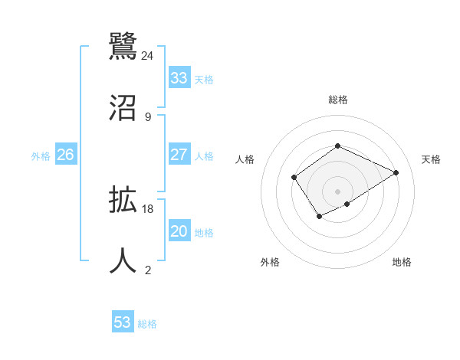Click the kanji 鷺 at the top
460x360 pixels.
123,46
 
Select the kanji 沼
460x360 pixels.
123,107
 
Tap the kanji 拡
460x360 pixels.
123,201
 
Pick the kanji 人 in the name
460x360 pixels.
123,260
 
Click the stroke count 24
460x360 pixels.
148,55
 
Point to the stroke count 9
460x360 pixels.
148,116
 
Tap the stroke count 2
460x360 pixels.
148,270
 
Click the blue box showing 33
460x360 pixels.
179,78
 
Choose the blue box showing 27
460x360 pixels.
179,155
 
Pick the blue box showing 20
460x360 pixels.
179,231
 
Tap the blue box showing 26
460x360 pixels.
66,155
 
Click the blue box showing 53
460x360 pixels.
123,322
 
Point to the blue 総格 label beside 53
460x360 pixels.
147,324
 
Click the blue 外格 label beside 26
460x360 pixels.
41,156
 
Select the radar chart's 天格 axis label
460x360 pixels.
432,159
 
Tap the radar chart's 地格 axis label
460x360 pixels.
402,262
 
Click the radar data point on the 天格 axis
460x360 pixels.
396,172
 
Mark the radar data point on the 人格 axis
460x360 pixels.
294,178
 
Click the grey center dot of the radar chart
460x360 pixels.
337,191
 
